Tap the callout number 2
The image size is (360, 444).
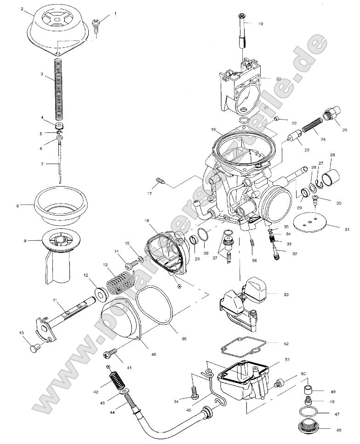pyautogui.click(x=22, y=8)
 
